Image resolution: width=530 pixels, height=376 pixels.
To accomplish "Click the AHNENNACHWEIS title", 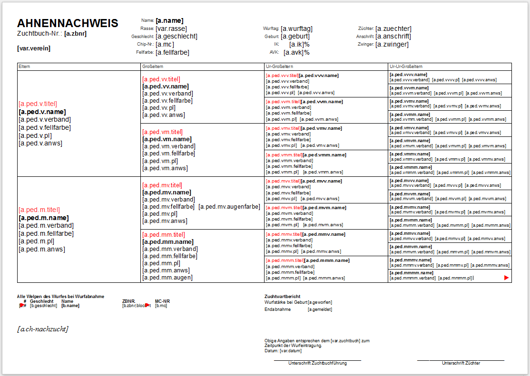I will click(68, 23).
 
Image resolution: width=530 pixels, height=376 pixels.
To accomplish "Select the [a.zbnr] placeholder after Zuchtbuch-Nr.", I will click(75, 34).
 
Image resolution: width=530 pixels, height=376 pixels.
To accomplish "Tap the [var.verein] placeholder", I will click(33, 48).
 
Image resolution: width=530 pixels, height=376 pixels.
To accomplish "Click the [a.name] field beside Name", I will click(169, 20).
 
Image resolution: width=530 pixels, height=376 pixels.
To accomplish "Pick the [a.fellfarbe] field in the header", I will click(172, 52).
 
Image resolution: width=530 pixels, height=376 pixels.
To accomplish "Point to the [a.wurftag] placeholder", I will click(296, 29).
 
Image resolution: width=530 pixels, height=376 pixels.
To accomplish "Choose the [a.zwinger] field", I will click(392, 45).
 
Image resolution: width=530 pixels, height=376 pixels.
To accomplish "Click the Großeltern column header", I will click(153, 67).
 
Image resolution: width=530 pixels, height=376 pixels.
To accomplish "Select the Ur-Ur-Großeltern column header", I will click(406, 67).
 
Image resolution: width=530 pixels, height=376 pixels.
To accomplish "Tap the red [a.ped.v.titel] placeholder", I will click(38, 104).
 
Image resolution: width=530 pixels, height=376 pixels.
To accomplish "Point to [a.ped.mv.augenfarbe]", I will click(229, 206).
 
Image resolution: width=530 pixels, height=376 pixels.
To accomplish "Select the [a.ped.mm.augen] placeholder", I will click(167, 278).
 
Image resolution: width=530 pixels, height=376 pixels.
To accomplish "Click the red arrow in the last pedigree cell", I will click(506, 278).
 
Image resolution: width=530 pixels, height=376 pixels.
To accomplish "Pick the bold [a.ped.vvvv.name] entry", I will click(408, 75).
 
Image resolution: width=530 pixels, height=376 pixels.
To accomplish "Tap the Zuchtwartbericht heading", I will click(283, 296).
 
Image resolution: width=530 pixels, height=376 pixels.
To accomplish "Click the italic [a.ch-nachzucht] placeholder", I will click(42, 329).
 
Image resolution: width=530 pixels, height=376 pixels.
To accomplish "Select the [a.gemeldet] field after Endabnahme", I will click(320, 309).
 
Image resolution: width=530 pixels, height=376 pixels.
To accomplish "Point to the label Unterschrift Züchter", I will click(461, 363).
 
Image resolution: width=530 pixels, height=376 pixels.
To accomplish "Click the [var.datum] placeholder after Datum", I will click(291, 351).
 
